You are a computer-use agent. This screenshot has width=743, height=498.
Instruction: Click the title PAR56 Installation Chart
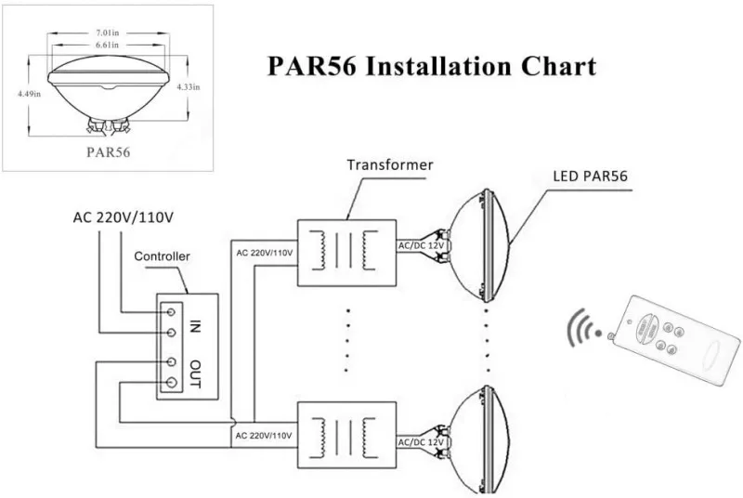tap(431, 67)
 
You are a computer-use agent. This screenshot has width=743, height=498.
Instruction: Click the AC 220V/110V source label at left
tap(125, 218)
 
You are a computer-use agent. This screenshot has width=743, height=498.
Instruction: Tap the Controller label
tap(163, 256)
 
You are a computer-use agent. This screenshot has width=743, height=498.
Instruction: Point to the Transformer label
tap(390, 165)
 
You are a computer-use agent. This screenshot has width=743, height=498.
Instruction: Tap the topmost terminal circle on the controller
tap(171, 313)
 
